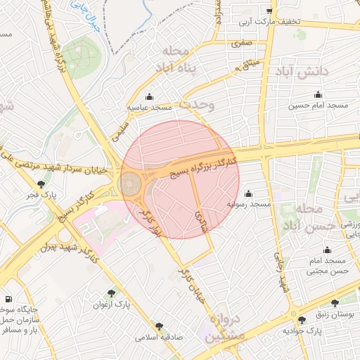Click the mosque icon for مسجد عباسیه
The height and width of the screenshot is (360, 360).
pos(148,97)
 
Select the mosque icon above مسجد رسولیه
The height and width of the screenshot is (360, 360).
pos(247,194)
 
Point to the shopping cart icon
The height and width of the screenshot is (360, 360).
pos(269,11)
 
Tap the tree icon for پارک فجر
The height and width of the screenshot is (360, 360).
pos(41,184)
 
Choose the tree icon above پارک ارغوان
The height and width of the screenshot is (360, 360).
pos(111,293)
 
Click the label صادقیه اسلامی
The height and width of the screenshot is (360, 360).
pos(160,337)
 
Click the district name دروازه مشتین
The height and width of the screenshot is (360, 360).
pos(225,328)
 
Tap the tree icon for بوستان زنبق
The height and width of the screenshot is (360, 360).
pos(302,320)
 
